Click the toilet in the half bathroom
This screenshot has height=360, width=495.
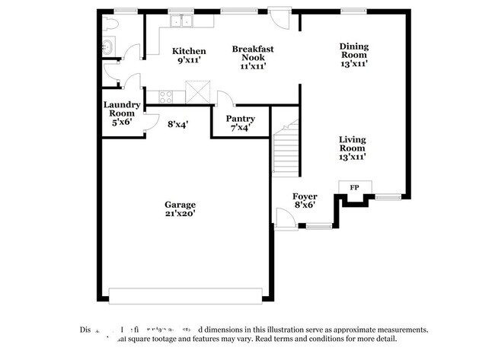110,25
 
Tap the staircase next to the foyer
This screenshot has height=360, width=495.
285,149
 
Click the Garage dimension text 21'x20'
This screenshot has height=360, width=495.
180,215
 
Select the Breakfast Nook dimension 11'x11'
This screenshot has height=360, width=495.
252,66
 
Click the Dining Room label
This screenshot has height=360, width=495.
354,50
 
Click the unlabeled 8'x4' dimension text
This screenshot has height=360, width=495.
177,123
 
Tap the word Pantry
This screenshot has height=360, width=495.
241,119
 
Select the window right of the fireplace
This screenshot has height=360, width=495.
387,197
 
